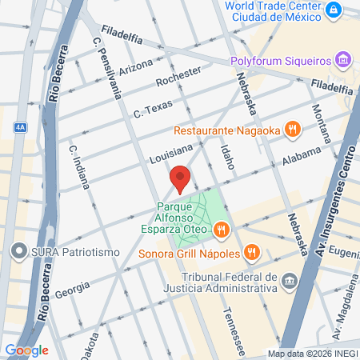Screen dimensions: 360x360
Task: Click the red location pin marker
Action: [180, 178]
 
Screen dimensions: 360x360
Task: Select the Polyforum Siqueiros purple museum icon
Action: [343, 61]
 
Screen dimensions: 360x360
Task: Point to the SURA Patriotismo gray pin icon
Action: [18, 252]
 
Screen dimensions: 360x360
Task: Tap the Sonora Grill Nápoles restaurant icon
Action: [251, 252]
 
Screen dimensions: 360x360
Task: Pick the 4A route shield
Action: [20, 126]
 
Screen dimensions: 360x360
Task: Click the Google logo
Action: [26, 350]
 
